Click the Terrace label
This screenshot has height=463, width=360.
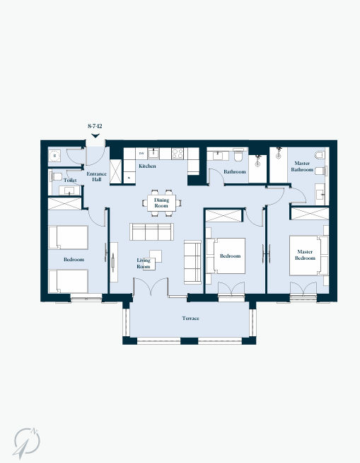(x=190, y=319)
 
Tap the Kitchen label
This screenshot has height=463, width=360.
(x=147, y=166)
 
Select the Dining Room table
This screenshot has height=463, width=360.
(x=161, y=203)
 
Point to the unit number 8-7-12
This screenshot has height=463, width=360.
(x=95, y=126)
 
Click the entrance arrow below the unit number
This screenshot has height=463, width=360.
(x=95, y=136)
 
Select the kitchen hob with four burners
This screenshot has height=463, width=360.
(x=178, y=154)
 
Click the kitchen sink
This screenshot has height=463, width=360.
(x=153, y=153)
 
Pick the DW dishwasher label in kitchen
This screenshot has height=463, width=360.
(x=141, y=153)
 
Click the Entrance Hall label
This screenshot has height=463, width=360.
(x=96, y=176)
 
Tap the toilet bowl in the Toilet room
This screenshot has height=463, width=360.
(x=56, y=176)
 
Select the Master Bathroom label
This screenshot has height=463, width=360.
(x=302, y=166)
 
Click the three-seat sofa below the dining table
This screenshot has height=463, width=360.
(x=151, y=232)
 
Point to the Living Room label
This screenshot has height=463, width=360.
(x=144, y=263)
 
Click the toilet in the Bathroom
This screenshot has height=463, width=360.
(x=238, y=155)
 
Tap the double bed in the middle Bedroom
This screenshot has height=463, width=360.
(x=226, y=256)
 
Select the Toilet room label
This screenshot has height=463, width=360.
(x=70, y=180)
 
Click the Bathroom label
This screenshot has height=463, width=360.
(x=235, y=171)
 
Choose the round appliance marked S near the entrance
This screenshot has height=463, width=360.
(x=54, y=155)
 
